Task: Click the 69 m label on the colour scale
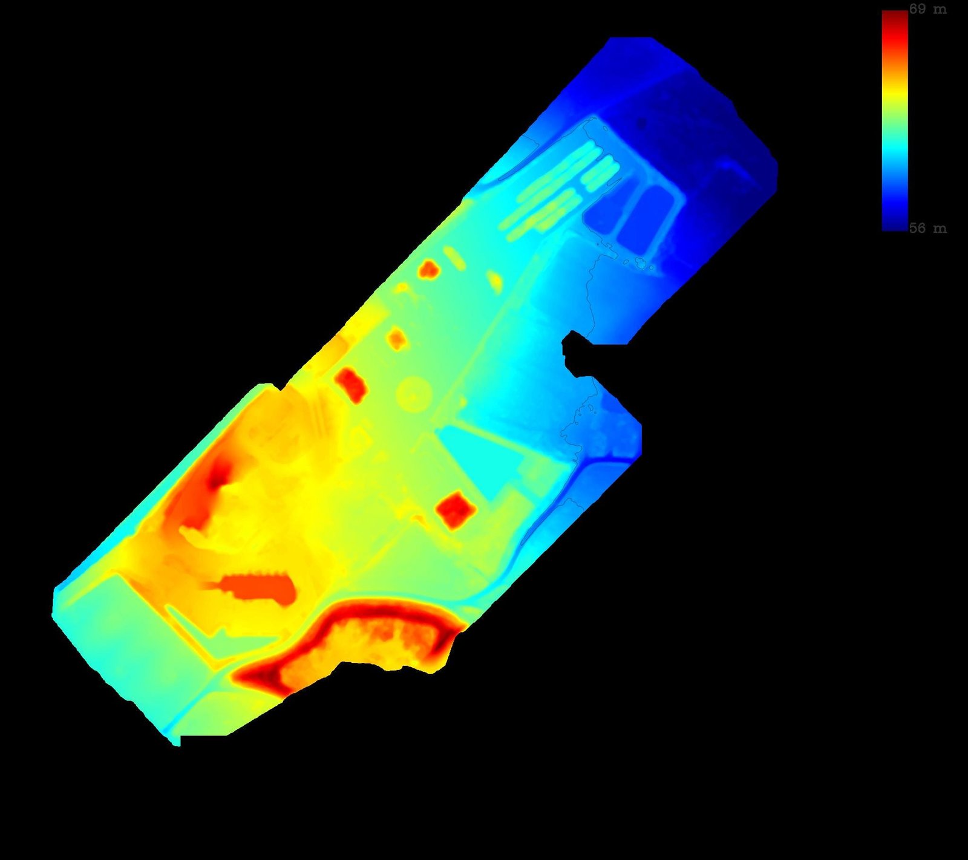(927, 9)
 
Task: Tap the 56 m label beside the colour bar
(927, 228)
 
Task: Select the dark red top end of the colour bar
(895, 16)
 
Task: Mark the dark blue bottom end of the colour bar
(895, 224)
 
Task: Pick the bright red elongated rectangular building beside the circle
(350, 385)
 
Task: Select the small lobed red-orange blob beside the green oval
(428, 269)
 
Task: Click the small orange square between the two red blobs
(396, 338)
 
